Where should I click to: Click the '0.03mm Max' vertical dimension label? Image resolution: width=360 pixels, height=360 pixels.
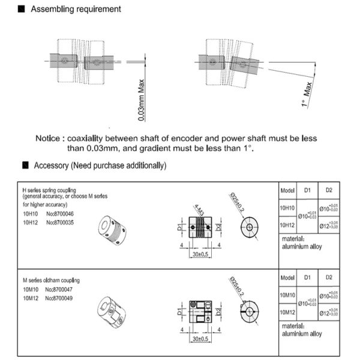(142, 100)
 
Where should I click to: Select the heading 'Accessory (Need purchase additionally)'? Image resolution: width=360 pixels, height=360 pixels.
(100, 165)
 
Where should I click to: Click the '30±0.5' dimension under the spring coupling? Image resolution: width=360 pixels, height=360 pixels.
(201, 254)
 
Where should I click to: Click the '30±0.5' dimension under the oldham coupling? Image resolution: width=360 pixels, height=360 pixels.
(201, 339)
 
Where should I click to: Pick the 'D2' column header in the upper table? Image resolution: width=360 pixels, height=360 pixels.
(329, 190)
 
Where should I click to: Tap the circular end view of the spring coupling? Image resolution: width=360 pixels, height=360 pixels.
(248, 229)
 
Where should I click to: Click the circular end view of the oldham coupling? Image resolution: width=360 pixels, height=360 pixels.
(248, 310)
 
